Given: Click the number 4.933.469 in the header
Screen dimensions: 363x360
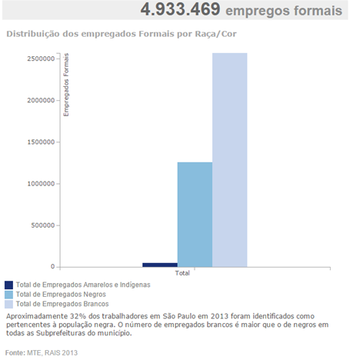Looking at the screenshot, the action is pyautogui.click(x=180, y=9).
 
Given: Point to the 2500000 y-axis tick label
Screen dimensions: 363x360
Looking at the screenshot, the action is pyautogui.click(x=41, y=58).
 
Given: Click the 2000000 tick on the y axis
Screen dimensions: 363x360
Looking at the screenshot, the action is pyautogui.click(x=41, y=100).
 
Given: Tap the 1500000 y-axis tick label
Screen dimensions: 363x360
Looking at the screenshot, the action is pyautogui.click(x=41, y=142).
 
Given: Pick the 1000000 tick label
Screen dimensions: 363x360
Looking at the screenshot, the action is pyautogui.click(x=41, y=184).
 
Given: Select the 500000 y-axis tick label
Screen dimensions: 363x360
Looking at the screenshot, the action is pyautogui.click(x=43, y=225).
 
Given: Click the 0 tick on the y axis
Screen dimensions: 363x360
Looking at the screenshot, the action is pyautogui.click(x=53, y=267).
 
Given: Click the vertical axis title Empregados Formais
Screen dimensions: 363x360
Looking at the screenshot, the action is pyautogui.click(x=66, y=85).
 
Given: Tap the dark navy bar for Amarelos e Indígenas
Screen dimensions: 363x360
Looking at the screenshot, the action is pyautogui.click(x=160, y=265).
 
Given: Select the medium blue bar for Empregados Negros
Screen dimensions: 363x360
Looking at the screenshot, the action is pyautogui.click(x=195, y=215).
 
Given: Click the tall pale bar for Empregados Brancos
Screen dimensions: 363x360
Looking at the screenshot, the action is pyautogui.click(x=230, y=160).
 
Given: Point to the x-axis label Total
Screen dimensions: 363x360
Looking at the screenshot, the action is pyautogui.click(x=182, y=273).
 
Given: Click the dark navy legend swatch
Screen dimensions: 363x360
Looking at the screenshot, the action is pyautogui.click(x=8, y=285).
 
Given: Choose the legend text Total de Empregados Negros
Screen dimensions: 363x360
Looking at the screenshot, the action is pyautogui.click(x=61, y=295).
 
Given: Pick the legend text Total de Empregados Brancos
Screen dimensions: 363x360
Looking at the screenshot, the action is pyautogui.click(x=62, y=304).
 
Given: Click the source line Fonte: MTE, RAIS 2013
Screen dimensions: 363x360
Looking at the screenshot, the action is pyautogui.click(x=42, y=353).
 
